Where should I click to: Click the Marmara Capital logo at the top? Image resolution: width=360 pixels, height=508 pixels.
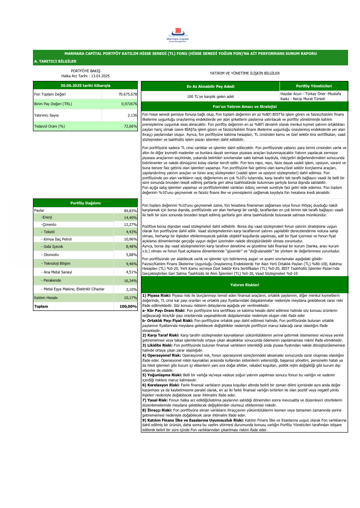pos(179,34)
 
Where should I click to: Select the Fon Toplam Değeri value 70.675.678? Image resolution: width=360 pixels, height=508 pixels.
pos(128,94)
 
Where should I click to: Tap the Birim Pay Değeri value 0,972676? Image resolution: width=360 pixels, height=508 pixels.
pos(128,104)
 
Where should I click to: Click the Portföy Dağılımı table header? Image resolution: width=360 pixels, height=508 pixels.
pos(85,203)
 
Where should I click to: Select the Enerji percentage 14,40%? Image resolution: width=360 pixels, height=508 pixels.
pos(131,218)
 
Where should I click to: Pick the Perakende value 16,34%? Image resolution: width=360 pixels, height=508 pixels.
pos(131,281)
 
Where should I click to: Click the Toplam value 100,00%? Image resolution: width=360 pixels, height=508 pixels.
pos(128,306)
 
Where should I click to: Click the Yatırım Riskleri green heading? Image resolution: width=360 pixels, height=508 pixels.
pos(245,284)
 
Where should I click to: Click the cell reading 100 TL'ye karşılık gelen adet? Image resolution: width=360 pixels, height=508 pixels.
pos(210,96)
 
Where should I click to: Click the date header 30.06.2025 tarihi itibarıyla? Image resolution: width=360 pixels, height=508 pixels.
pos(85,85)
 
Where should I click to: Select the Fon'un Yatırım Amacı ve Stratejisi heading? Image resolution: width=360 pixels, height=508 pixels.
pos(245,106)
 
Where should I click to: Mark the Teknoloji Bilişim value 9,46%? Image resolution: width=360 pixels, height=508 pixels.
pos(131,264)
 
